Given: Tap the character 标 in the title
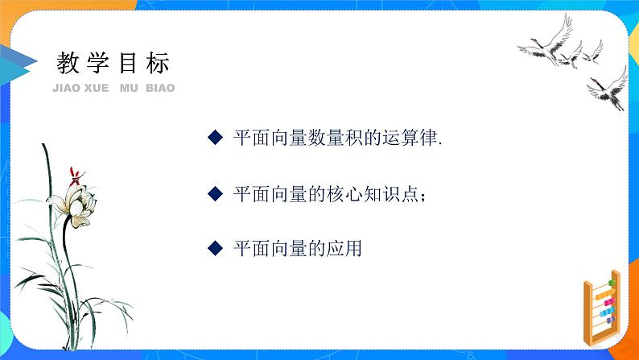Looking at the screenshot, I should pos(159,63).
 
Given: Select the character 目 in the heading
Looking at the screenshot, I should pos(128,63).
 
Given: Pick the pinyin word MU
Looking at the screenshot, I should pos(128,88).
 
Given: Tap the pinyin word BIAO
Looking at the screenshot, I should pos(160,88).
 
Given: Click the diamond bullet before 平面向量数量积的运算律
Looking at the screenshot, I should pos(214,138).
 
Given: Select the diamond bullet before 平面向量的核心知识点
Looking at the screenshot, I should pos(214,193).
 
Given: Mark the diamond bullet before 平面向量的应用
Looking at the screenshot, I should pos(214,248).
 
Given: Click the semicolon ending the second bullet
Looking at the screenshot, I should pos(423,196).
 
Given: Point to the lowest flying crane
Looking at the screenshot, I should pos(607,88).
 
